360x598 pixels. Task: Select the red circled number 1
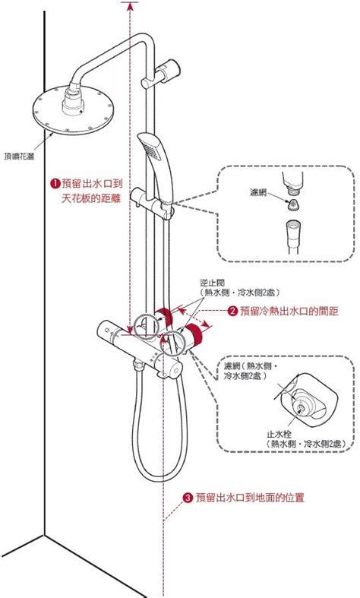click(55, 183)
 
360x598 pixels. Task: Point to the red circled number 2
click(233, 311)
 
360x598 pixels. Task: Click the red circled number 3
click(188, 498)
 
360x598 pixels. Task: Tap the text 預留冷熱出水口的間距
click(289, 311)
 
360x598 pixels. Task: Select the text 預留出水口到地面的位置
click(250, 498)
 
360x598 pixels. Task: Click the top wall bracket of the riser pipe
click(166, 71)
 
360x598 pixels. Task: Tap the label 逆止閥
click(212, 280)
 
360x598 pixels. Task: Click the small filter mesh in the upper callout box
click(292, 204)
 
